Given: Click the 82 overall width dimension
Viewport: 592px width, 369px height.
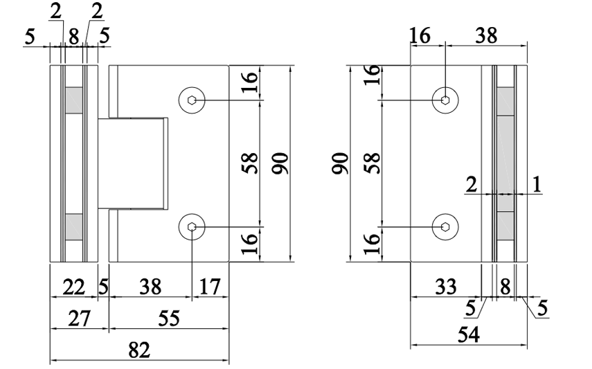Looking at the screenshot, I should coord(140,350).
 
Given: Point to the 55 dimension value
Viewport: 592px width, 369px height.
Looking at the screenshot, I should coord(169,318).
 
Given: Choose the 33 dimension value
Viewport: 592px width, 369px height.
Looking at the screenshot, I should coord(447,286).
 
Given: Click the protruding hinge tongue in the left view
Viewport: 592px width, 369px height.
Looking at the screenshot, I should coord(133,163).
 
